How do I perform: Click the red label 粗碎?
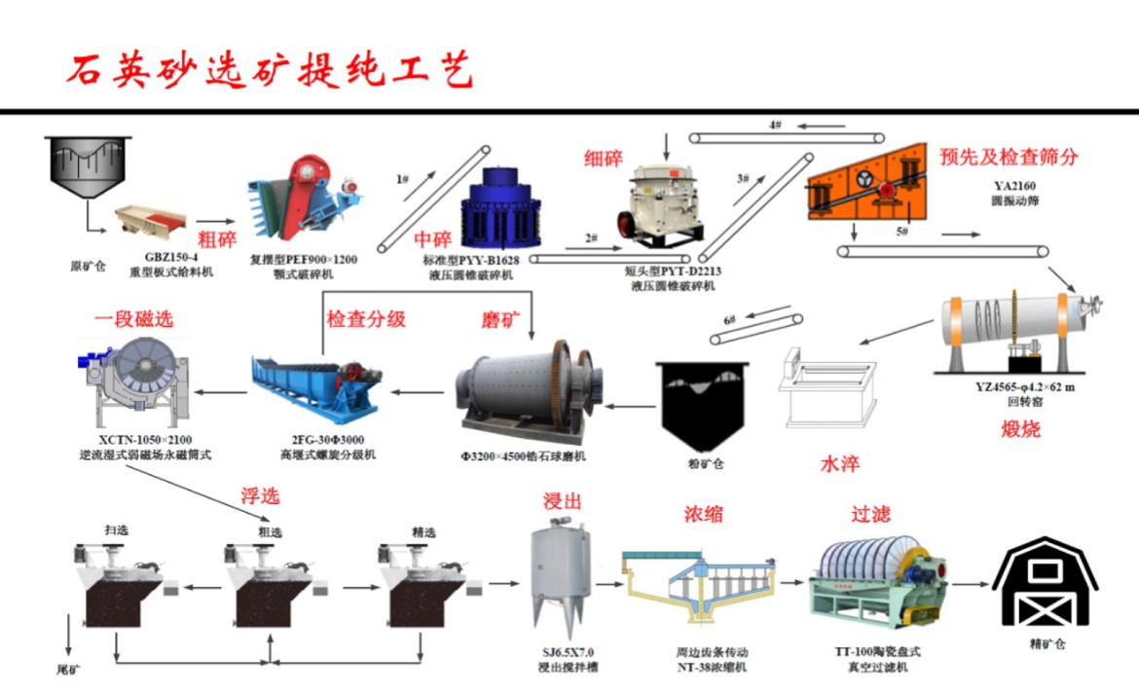coord(217,238)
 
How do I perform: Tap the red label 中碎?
coord(433,239)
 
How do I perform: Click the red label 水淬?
coord(836,463)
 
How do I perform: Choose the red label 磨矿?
coord(502,320)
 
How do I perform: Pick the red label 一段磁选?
coord(133,318)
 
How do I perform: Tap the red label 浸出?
coord(563,501)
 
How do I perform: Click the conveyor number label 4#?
coord(776,126)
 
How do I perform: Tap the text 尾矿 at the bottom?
coord(70,671)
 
